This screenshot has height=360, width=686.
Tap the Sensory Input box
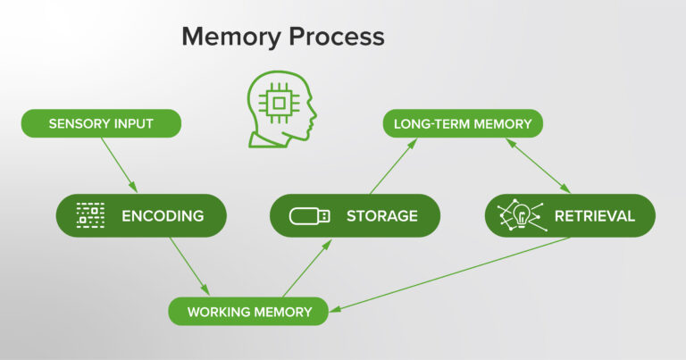101,122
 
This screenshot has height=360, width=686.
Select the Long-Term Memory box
463,122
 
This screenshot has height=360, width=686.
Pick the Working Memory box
249,312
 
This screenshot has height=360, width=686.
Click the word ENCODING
163,215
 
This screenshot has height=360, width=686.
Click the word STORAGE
381,215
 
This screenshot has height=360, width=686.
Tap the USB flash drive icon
309,215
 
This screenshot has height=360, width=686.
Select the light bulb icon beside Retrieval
523,214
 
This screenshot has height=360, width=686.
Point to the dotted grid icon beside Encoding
90,215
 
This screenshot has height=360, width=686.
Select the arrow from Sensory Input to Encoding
119,164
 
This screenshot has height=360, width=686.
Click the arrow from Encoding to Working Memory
189,265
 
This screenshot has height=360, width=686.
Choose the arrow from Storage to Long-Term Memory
394,165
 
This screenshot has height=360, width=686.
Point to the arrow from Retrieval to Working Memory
451,274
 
